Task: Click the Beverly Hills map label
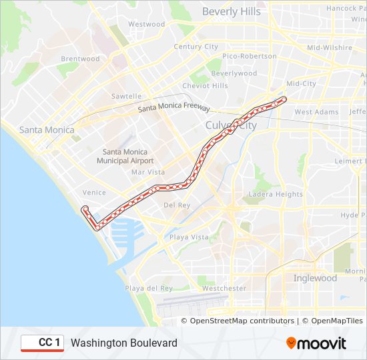[231, 11]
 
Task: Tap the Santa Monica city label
[47, 129]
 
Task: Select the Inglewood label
[315, 278]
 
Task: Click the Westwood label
[146, 24]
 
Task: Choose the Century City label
[196, 47]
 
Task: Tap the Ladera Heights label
[276, 194]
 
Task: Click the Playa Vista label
[188, 237]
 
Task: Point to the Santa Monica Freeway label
[173, 109]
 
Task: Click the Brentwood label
[80, 59]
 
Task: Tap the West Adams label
[316, 112]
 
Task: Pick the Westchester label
[224, 288]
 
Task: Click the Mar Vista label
[147, 172]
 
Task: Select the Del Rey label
[177, 205]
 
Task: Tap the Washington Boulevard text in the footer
[124, 343]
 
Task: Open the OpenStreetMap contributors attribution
[242, 321]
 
